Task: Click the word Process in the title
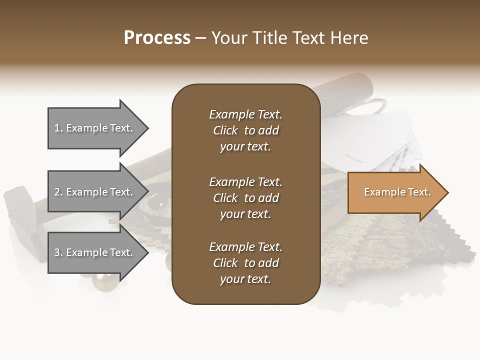(x=157, y=38)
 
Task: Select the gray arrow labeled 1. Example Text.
(x=95, y=128)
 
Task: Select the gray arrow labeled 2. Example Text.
(x=95, y=192)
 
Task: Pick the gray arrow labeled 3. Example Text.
(x=95, y=252)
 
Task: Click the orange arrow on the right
(x=395, y=192)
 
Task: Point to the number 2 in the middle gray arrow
(x=57, y=192)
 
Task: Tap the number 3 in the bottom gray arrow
(x=57, y=252)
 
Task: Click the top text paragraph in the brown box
(x=245, y=130)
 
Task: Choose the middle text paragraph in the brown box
(x=245, y=198)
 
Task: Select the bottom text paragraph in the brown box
(x=245, y=263)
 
